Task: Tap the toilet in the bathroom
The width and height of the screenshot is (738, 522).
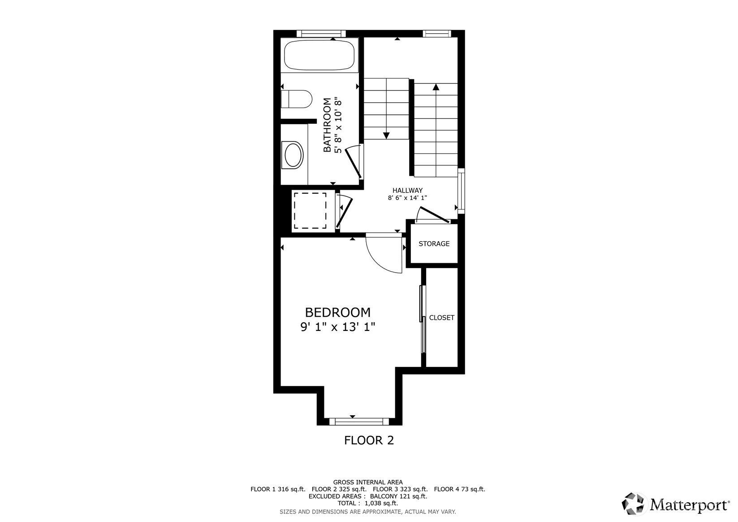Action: pyautogui.click(x=297, y=99)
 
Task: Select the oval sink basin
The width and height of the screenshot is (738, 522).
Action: pyautogui.click(x=293, y=155)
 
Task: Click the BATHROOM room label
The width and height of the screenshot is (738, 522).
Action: pyautogui.click(x=327, y=125)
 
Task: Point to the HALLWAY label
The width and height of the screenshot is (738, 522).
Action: pyautogui.click(x=407, y=191)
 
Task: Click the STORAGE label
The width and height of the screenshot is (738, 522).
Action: pyautogui.click(x=434, y=244)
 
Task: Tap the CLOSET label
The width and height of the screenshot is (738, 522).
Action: pyautogui.click(x=441, y=318)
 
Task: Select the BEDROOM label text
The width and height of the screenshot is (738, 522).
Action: pyautogui.click(x=338, y=312)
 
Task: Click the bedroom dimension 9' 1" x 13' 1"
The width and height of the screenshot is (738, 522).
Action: pyautogui.click(x=338, y=327)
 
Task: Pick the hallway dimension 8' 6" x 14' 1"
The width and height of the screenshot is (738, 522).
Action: pyautogui.click(x=407, y=198)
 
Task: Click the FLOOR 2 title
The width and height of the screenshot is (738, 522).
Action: pyautogui.click(x=369, y=440)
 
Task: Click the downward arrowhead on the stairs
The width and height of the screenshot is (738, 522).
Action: pyautogui.click(x=386, y=135)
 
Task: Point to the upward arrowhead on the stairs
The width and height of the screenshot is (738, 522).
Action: pyautogui.click(x=436, y=87)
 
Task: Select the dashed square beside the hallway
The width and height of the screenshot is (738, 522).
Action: pyautogui.click(x=310, y=210)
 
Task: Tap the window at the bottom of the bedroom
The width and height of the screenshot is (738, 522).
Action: pyautogui.click(x=359, y=422)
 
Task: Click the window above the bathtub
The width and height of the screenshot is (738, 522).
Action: pyautogui.click(x=321, y=34)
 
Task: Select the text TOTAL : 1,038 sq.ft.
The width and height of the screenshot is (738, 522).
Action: pyautogui.click(x=368, y=503)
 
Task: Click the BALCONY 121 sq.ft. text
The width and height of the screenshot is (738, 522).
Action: pyautogui.click(x=399, y=496)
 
